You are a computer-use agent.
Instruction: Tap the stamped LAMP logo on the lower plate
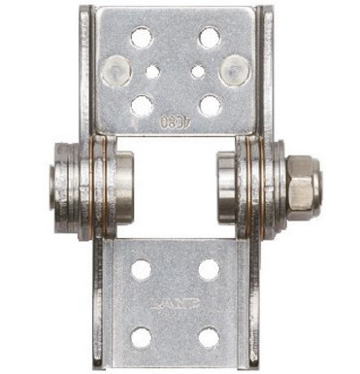(x=175, y=304)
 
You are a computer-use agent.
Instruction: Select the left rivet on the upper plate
(x=114, y=69)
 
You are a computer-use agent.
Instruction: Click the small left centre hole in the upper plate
(x=152, y=71)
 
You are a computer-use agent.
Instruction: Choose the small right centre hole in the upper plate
(x=198, y=71)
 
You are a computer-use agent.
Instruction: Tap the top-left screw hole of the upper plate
(x=141, y=38)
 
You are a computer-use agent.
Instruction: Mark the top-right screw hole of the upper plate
(x=209, y=38)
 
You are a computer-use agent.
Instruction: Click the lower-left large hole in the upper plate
(x=142, y=104)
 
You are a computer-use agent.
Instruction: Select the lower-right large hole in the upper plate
(x=209, y=104)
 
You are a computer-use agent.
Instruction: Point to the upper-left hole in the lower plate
(x=142, y=269)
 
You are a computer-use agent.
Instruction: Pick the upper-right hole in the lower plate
(x=209, y=269)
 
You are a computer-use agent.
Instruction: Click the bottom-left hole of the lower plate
(x=142, y=338)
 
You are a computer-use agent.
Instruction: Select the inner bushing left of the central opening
(x=124, y=185)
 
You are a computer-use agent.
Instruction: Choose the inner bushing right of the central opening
(x=227, y=185)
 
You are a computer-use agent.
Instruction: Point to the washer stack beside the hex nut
(x=264, y=185)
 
